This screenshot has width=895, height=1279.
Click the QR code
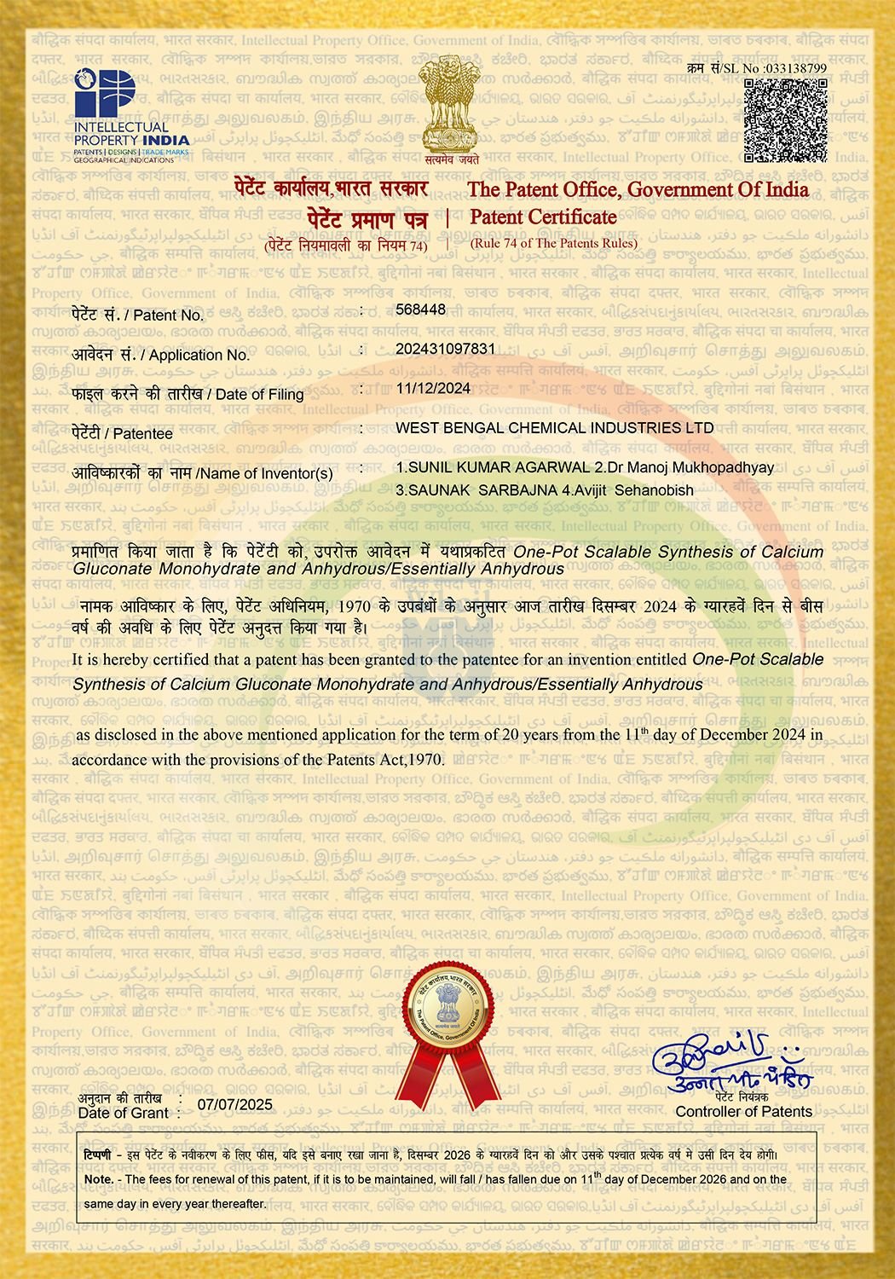pyautogui.click(x=785, y=120)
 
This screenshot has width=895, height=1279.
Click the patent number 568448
pyautogui.click(x=421, y=309)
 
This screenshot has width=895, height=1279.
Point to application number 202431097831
pyautogui.click(x=446, y=348)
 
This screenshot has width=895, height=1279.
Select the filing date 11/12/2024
pyautogui.click(x=433, y=387)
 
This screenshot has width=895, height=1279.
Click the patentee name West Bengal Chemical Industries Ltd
pyautogui.click(x=555, y=427)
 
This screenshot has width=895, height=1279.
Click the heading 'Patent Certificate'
pyautogui.click(x=543, y=217)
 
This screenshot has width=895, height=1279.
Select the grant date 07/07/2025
pyautogui.click(x=234, y=1105)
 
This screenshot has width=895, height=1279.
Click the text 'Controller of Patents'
pyautogui.click(x=743, y=1111)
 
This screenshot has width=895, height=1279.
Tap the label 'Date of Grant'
pyautogui.click(x=124, y=1113)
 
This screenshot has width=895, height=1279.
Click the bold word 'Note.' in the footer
pyautogui.click(x=99, y=1179)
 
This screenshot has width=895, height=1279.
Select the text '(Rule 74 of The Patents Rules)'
pyautogui.click(x=554, y=243)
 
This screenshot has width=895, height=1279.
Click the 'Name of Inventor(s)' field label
pyautogui.click(x=264, y=473)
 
